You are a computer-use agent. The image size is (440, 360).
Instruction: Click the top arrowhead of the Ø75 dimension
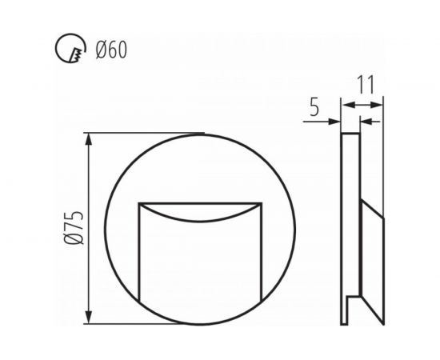coord(90,138)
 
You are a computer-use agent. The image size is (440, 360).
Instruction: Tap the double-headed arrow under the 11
coord(362,104)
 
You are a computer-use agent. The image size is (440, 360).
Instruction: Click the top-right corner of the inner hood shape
coord(262,204)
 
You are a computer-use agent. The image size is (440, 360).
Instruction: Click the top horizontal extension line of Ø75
coord(144,133)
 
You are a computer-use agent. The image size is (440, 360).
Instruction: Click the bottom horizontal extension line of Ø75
coord(144,324)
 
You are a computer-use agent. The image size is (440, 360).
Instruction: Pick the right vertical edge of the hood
coord(262,248)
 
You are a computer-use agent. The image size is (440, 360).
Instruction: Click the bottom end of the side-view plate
coord(346,323)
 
